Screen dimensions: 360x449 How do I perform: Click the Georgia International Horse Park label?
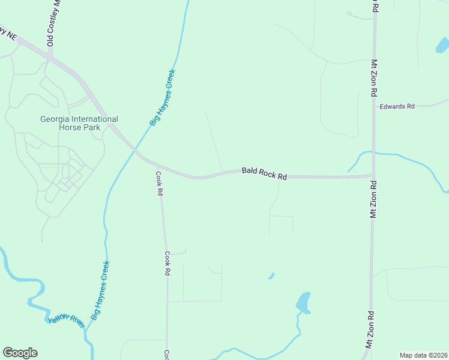point(79,123)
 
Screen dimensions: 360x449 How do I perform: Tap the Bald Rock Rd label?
point(265,173)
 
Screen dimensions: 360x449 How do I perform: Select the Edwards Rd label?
point(397,106)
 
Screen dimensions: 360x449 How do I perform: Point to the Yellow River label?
point(67,318)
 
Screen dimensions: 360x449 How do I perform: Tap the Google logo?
point(20,353)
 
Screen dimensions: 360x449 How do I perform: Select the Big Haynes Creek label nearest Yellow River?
point(100,290)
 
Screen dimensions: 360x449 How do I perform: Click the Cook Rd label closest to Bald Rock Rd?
point(160,184)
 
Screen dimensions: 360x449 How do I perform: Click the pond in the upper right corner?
point(442,45)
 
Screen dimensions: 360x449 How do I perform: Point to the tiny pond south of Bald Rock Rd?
point(271,276)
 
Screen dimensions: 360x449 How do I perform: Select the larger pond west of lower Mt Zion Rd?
point(304,302)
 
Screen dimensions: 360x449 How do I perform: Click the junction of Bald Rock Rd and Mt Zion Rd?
point(373,176)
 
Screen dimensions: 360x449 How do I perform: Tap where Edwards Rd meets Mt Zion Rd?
point(374,106)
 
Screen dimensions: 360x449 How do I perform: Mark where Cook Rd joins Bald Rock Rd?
point(155,164)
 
